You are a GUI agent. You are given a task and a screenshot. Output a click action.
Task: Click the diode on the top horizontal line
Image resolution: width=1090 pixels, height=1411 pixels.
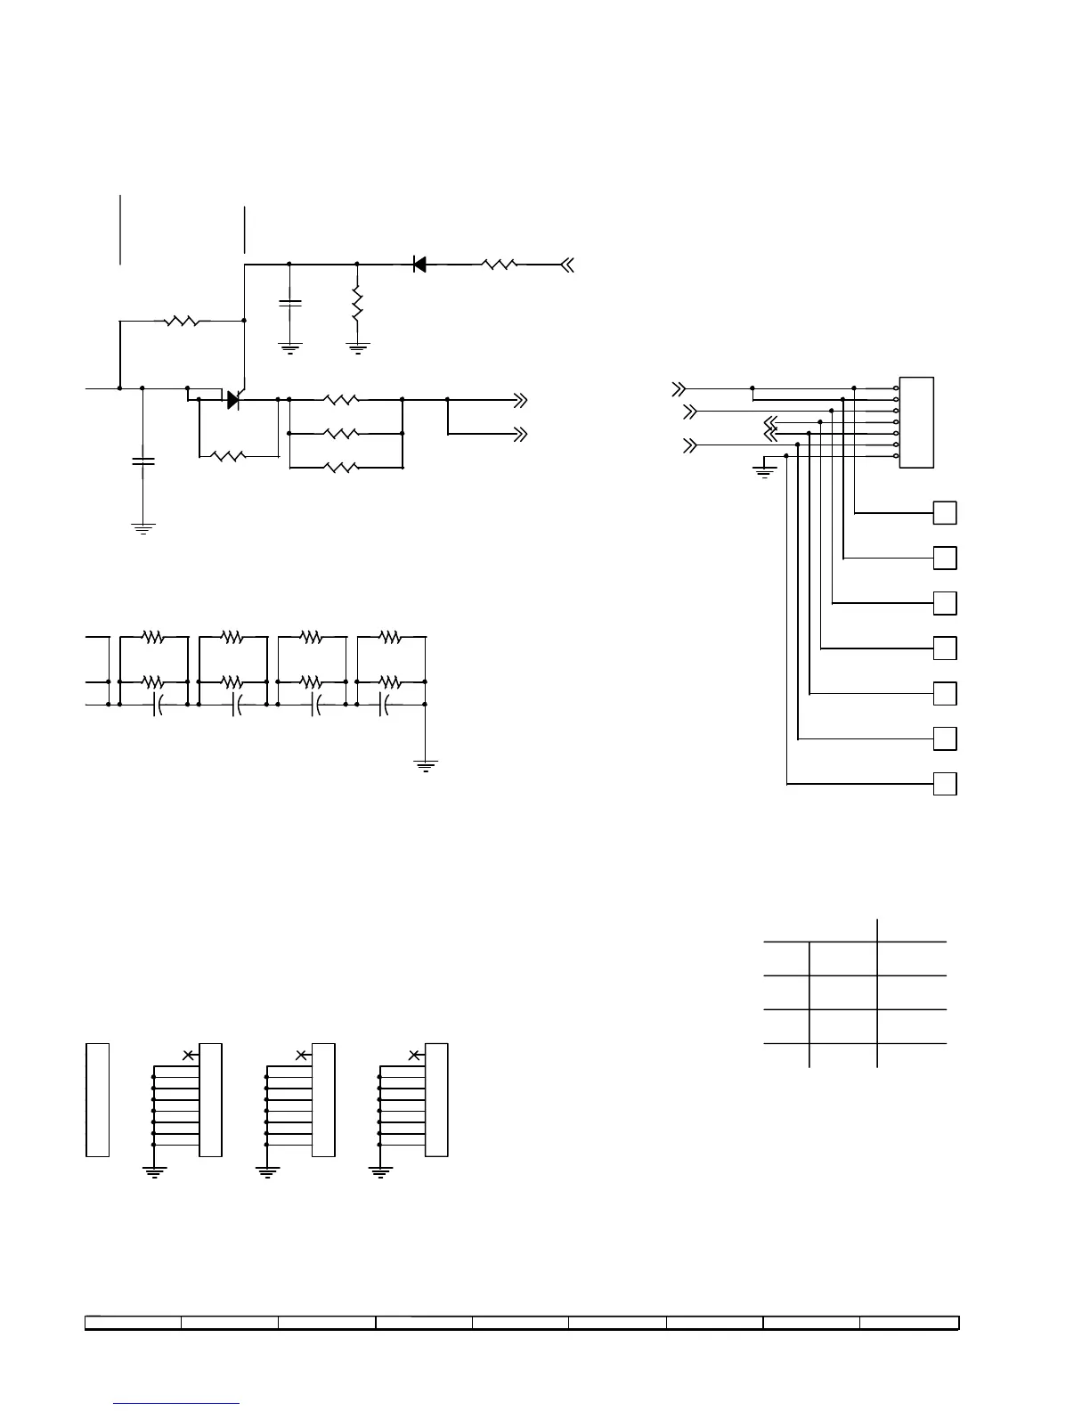point(419,264)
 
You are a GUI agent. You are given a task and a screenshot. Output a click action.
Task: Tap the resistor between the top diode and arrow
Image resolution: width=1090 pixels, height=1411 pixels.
point(500,264)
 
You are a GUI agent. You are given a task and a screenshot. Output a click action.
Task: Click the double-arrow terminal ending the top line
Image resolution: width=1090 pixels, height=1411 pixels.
point(567,264)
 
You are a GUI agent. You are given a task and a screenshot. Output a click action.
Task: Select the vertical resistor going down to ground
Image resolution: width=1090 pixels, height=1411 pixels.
point(357,304)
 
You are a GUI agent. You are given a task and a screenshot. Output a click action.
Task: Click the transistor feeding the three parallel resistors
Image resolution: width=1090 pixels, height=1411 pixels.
point(235,400)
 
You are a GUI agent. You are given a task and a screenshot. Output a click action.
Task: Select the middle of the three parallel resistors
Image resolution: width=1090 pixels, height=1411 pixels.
point(342,434)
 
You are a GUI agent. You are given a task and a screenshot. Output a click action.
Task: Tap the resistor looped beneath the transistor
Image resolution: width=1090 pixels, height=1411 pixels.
point(229,456)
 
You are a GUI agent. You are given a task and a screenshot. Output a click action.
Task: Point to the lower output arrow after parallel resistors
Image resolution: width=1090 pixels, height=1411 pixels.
point(520,434)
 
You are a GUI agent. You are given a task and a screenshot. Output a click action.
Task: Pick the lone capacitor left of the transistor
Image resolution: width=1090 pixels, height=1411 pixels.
point(142,461)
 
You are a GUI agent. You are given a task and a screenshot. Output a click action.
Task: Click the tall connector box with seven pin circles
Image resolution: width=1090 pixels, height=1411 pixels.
point(916,422)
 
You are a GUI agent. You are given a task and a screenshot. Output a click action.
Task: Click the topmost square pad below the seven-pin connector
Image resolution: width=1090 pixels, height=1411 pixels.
point(945,513)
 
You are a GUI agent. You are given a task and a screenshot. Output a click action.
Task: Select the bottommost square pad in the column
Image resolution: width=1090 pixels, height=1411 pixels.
point(945,784)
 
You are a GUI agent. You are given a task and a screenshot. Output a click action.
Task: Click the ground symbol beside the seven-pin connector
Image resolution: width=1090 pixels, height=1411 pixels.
point(764,469)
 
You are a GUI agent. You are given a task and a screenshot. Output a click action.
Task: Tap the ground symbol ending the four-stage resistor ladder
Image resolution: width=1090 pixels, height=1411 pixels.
point(426,764)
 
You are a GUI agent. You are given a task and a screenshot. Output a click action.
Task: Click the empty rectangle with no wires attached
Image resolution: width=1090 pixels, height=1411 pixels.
point(97,1099)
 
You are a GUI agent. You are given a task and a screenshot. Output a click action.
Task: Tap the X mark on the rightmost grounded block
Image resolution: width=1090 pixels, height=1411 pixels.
point(414,1055)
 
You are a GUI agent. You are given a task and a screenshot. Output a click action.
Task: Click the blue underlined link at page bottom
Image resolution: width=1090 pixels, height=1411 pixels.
point(177,1403)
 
